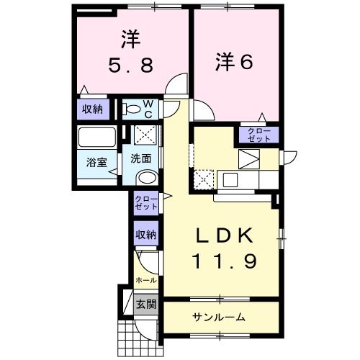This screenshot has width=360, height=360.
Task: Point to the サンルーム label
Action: [219, 317]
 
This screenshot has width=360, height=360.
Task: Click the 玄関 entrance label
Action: [145, 304]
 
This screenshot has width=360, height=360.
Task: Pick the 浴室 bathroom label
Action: [96, 162]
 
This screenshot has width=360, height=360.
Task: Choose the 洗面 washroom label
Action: [140, 158]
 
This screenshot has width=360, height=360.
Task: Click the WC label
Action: [147, 109]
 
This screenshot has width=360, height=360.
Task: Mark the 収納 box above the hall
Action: [146, 235]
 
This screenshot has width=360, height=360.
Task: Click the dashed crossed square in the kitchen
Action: [205, 177]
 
